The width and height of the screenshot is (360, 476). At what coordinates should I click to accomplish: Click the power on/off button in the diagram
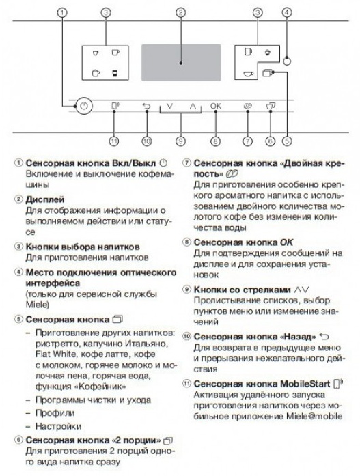(84, 106)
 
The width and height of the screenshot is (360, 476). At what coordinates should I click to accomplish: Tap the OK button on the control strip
(216, 106)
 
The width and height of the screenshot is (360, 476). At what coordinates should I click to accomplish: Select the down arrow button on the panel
(169, 106)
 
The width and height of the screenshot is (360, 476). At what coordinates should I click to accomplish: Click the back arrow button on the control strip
(146, 106)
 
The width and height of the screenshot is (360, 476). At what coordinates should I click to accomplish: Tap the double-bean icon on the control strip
(248, 106)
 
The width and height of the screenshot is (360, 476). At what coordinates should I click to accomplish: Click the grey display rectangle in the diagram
(181, 63)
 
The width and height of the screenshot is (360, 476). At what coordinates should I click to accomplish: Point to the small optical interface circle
(286, 61)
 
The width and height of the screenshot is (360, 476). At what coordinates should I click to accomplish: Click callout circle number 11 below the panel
(114, 141)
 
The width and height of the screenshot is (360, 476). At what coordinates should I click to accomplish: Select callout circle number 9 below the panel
(180, 141)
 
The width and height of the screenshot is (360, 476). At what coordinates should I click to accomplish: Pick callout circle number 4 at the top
(286, 12)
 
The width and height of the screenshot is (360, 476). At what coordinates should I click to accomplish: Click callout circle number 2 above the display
(180, 12)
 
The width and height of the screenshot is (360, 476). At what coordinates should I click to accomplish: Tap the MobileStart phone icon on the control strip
(115, 106)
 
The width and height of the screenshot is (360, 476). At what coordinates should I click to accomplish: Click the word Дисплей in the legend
(45, 199)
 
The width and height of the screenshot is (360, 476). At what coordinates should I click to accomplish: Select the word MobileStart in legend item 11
(305, 384)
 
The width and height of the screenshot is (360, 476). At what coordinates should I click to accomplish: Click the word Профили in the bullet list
(55, 413)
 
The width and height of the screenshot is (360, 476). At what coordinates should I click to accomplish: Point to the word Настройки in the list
(58, 426)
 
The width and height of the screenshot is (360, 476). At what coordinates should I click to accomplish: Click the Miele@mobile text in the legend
(314, 416)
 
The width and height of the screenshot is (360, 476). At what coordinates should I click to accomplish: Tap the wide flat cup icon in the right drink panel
(248, 74)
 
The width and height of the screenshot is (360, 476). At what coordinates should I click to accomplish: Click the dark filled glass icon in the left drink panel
(115, 73)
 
